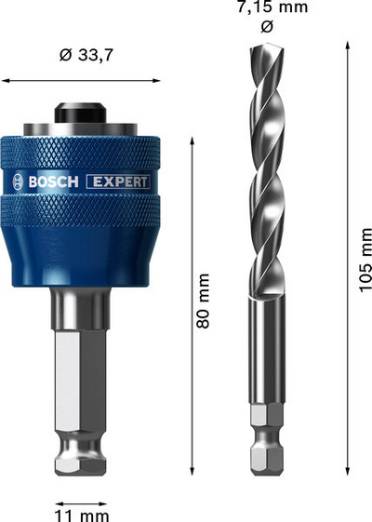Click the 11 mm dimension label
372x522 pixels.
coord(81,513)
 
